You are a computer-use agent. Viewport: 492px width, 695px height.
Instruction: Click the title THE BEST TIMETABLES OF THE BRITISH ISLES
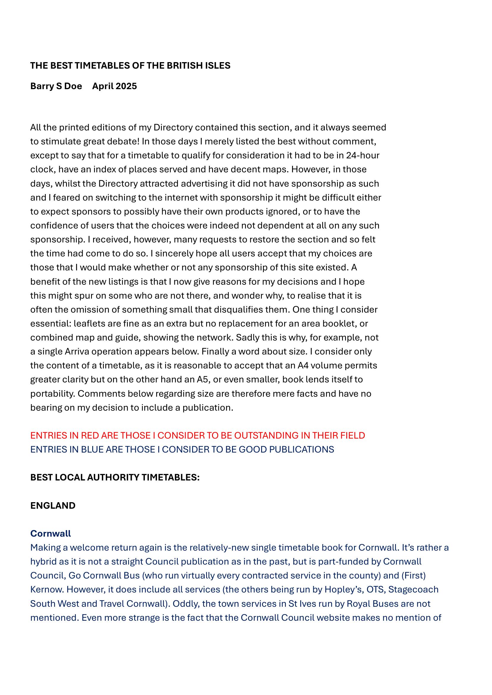pyautogui.click(x=130, y=66)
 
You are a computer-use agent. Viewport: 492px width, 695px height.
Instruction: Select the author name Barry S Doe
pyautogui.click(x=56, y=86)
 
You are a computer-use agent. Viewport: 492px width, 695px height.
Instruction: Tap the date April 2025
pyautogui.click(x=115, y=86)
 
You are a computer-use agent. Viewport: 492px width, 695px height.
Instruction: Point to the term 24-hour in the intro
pyautogui.click(x=363, y=155)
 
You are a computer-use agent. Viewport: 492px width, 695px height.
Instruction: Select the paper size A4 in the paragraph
pyautogui.click(x=303, y=365)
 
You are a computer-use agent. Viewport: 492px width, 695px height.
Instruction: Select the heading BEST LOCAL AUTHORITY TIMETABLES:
pyautogui.click(x=115, y=477)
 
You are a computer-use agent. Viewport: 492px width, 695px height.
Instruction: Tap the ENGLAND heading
pyautogui.click(x=53, y=505)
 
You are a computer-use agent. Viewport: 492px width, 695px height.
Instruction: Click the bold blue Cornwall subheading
pyautogui.click(x=51, y=533)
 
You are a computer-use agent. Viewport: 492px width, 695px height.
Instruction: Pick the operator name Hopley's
pyautogui.click(x=344, y=589)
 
